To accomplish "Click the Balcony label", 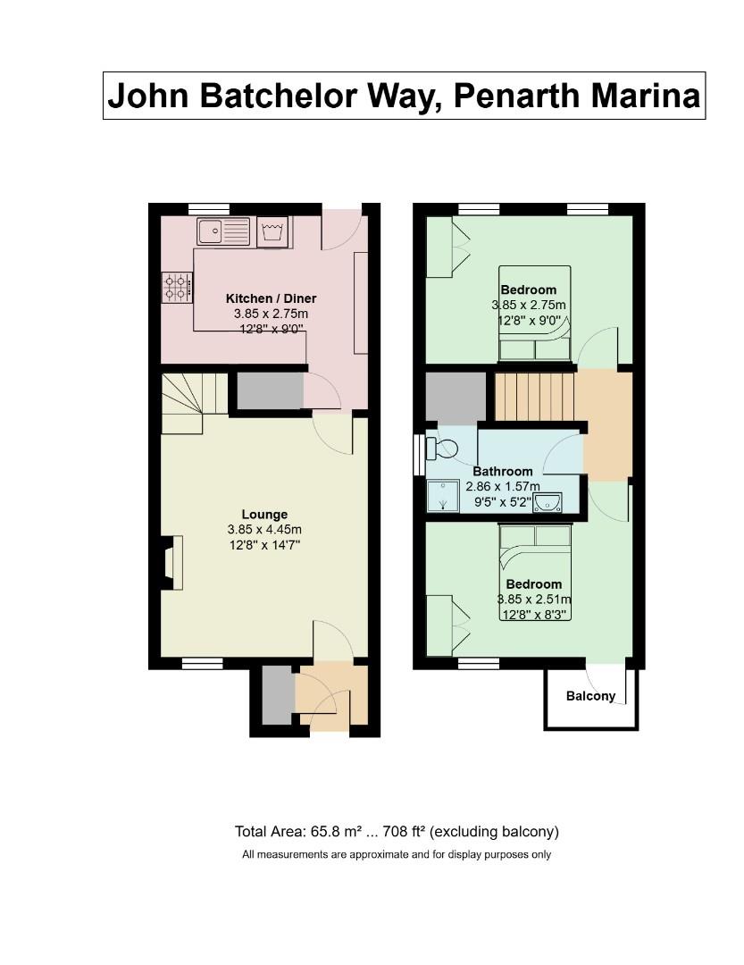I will click(x=590, y=696).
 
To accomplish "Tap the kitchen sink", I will click(x=224, y=232).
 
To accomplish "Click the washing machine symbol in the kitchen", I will click(x=273, y=232).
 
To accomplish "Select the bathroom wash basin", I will click(x=548, y=504).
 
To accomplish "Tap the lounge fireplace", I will click(x=170, y=563).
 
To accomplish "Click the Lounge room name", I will click(x=264, y=515).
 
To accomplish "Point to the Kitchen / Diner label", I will click(x=271, y=298).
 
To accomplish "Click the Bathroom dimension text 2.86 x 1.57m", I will click(x=503, y=487).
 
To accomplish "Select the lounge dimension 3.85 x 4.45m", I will click(x=264, y=529).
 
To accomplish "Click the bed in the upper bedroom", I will click(x=534, y=313).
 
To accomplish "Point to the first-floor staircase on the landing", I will click(x=534, y=397).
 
